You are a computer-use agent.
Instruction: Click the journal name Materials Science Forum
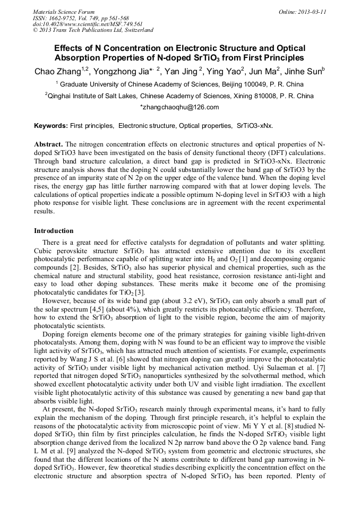click(64, 12)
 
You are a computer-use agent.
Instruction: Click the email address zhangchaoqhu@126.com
click(180, 107)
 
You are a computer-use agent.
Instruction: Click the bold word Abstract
click(48, 144)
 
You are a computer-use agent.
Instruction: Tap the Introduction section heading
click(54, 231)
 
